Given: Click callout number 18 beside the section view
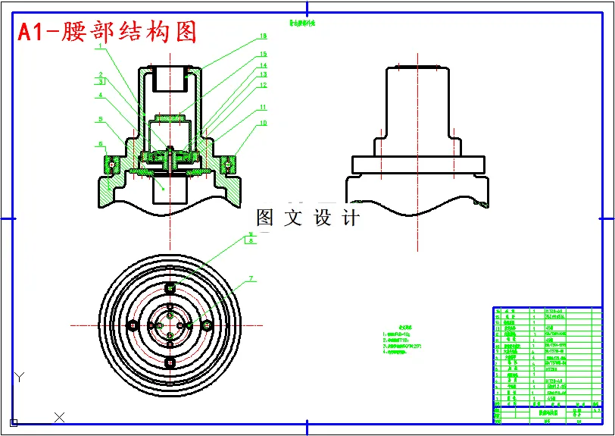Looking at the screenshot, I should [263, 36].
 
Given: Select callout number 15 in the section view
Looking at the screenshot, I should [263, 55].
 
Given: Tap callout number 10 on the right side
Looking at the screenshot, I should [263, 123].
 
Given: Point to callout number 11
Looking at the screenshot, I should [263, 108].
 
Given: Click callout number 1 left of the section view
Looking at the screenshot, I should [99, 46].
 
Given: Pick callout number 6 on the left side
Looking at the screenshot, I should [99, 143].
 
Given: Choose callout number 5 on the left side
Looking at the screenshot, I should [99, 119].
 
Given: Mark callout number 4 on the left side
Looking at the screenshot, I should [99, 96].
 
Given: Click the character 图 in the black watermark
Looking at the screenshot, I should [264, 218].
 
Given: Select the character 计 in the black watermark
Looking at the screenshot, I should [351, 218].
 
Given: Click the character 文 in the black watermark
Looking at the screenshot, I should [293, 218].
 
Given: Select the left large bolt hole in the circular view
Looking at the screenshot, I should [134, 325].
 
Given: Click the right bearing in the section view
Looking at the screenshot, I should [229, 162].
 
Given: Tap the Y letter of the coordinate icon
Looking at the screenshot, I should [20, 377].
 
